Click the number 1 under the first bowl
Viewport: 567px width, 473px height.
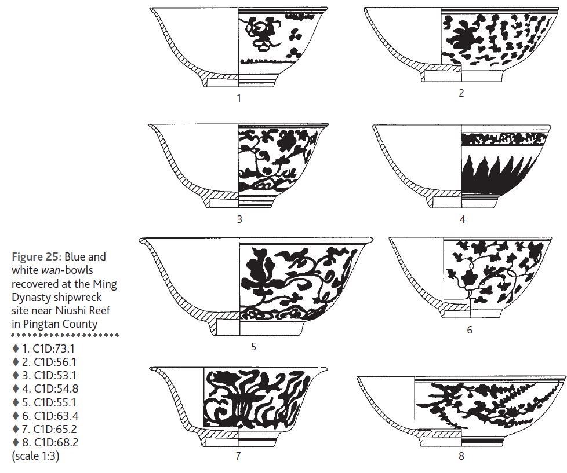point(239,98)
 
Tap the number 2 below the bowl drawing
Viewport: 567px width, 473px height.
point(461,93)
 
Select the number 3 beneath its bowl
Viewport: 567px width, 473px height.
point(239,219)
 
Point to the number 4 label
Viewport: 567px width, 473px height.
point(462,219)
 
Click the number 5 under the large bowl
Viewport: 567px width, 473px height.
point(253,347)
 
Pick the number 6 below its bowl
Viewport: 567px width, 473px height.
point(470,329)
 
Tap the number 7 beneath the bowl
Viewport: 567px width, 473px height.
point(238,456)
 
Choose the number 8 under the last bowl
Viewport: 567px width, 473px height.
point(461,456)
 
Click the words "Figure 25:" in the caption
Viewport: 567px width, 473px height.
point(37,257)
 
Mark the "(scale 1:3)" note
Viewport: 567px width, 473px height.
point(35,456)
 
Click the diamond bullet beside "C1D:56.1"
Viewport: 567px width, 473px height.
point(15,362)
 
